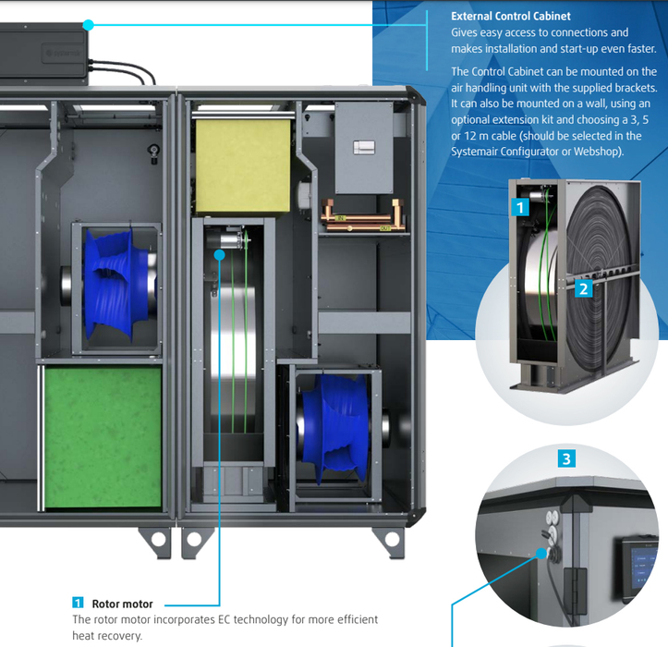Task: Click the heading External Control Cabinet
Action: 510,16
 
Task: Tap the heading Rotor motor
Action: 123,604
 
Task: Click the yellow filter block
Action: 242,152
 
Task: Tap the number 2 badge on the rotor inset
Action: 584,288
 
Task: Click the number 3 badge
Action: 568,458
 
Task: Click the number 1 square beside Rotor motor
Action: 78,604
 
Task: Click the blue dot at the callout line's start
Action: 88,25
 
